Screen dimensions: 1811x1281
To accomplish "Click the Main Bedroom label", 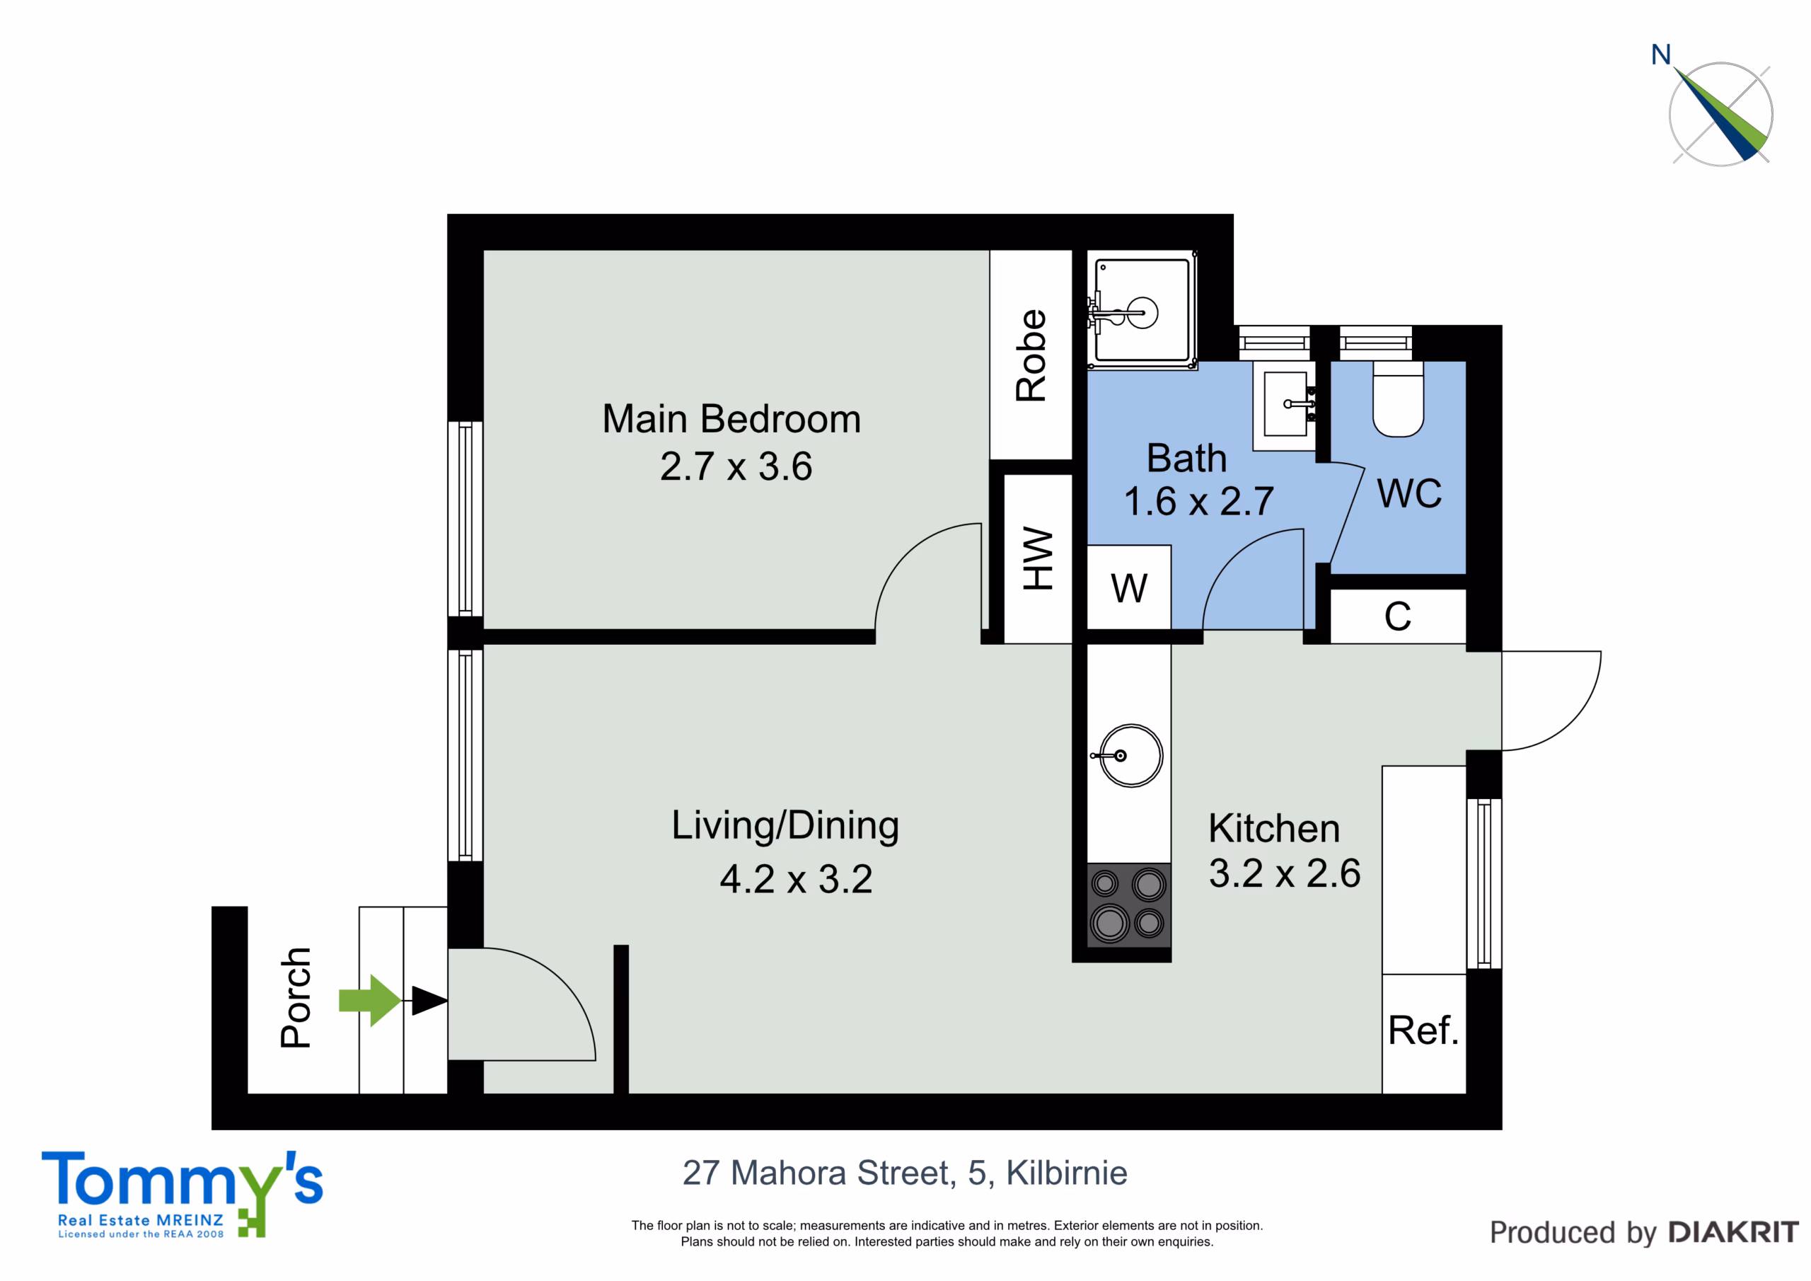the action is [731, 419].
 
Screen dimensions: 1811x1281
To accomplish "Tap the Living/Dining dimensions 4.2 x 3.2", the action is [796, 879].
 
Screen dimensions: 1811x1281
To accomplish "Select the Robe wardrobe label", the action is [1031, 355].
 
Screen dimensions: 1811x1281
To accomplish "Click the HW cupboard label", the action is [1038, 558].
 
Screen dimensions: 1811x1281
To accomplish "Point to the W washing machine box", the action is [1129, 587].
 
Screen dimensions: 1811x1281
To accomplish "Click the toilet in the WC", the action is [1398, 399].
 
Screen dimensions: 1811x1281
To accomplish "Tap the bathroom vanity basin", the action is [1285, 405].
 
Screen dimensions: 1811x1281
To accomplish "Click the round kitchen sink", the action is [1130, 755].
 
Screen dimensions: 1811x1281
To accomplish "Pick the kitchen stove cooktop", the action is [1129, 904].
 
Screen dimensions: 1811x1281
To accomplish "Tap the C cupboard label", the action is [1398, 616].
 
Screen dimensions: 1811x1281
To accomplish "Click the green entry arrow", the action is [370, 1000].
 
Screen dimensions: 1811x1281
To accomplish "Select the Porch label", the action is [296, 998].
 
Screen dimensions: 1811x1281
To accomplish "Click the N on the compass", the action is [1661, 54].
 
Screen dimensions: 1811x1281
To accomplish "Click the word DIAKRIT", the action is [1734, 1232].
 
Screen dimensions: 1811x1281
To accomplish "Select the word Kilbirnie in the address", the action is [1066, 1173].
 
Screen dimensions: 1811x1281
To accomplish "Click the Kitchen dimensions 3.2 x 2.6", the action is [1285, 873].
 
